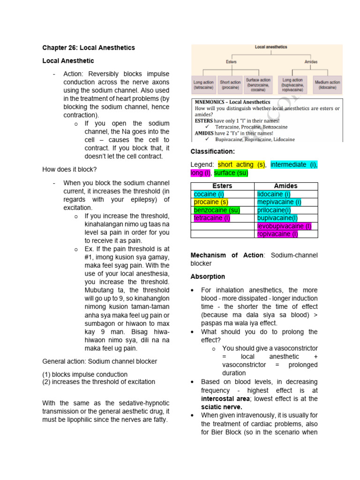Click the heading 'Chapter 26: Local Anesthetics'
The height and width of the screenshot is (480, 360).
click(x=88, y=48)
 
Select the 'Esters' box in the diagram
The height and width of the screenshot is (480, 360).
click(x=231, y=61)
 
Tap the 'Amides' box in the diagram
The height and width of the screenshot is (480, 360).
click(x=311, y=61)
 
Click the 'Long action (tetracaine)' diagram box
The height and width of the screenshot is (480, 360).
click(x=203, y=85)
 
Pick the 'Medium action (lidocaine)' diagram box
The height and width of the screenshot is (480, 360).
click(x=328, y=85)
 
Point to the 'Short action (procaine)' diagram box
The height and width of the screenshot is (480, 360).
click(x=230, y=85)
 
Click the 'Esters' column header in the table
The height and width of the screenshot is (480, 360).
click(x=222, y=186)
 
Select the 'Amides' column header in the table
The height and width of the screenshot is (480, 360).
click(x=286, y=186)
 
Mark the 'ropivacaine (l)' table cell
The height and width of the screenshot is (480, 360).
click(x=277, y=234)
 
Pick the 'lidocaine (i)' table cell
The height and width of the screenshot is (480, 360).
click(x=274, y=194)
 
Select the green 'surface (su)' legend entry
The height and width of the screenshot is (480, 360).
click(x=231, y=173)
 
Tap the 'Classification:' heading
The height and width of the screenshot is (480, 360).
click(x=212, y=152)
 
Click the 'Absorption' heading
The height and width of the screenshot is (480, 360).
click(x=208, y=277)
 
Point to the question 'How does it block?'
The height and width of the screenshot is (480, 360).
click(x=69, y=169)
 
